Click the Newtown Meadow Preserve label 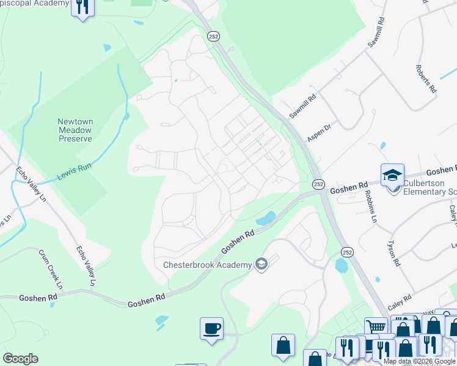pos(75,130)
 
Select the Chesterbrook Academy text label pos(207,265)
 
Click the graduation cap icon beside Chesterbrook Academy pos(261,264)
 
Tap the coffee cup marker pos(211,329)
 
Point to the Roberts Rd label pos(426,79)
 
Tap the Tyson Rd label pos(393,253)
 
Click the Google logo pos(20,359)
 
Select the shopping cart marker pos(376,328)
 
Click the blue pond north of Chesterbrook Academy pos(266,218)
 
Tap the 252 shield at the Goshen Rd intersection pos(318,183)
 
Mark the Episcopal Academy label pos(35,4)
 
